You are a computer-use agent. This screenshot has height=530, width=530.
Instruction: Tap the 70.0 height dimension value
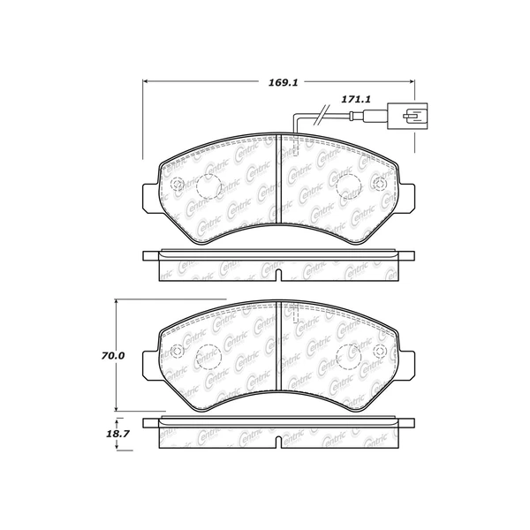point(113,356)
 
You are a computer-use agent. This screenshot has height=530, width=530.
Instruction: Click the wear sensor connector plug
point(412,115)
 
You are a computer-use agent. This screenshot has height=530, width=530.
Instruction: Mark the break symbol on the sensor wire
point(323,112)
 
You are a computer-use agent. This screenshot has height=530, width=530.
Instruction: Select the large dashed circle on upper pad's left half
point(209,186)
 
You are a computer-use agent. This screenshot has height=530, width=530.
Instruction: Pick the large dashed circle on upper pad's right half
point(348,186)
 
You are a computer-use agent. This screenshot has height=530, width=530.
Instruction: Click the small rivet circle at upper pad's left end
point(175,185)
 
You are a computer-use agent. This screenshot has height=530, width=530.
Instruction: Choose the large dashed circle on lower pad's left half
point(209,356)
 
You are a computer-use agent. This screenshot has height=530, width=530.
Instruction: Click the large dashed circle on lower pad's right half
point(348,356)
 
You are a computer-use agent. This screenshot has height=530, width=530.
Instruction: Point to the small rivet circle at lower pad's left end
point(175,355)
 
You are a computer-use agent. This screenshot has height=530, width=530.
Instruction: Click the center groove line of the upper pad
point(279,177)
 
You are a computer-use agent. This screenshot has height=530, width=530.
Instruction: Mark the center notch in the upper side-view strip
point(279,276)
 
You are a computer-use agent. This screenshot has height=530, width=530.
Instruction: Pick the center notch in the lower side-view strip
point(279,443)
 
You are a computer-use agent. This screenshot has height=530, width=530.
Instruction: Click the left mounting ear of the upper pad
point(149,199)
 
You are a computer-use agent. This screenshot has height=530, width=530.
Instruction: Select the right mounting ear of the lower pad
point(408,368)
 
